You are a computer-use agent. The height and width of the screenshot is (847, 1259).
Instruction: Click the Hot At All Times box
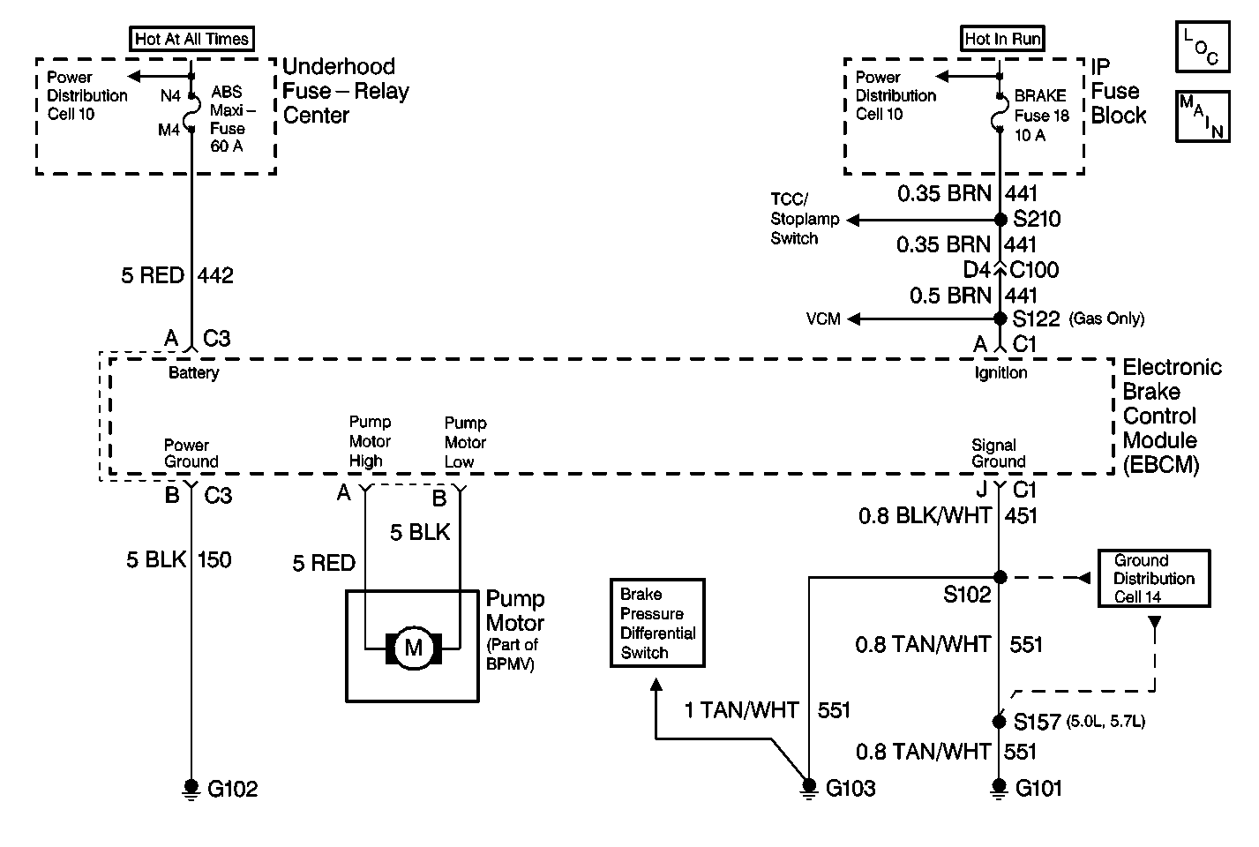coord(192,39)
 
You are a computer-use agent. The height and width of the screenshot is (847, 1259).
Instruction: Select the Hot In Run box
coord(1002,39)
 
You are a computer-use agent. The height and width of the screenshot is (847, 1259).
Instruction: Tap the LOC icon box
coord(1202,47)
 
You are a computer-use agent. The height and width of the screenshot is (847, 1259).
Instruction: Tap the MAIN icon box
coord(1202,116)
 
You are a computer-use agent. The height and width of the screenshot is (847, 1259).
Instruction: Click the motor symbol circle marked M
coord(413,648)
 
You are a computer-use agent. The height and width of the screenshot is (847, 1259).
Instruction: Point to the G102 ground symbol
coord(191,787)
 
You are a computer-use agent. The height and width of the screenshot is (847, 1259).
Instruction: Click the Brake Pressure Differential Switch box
coord(657,623)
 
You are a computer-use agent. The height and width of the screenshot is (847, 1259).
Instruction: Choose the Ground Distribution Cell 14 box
coord(1153,579)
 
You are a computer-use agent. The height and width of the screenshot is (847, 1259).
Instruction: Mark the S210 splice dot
coord(1000,219)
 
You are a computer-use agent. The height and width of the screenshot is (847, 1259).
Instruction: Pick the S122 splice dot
coord(1000,319)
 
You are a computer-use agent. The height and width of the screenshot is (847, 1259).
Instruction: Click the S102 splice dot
coord(1000,577)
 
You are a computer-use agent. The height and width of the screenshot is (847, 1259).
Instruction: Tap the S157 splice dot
coord(1000,722)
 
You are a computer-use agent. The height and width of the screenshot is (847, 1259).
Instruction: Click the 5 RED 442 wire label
coord(177,276)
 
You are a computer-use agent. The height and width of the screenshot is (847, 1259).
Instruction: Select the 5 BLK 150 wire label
coord(179,559)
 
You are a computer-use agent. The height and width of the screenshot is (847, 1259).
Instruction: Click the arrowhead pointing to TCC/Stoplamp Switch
coord(855,219)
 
